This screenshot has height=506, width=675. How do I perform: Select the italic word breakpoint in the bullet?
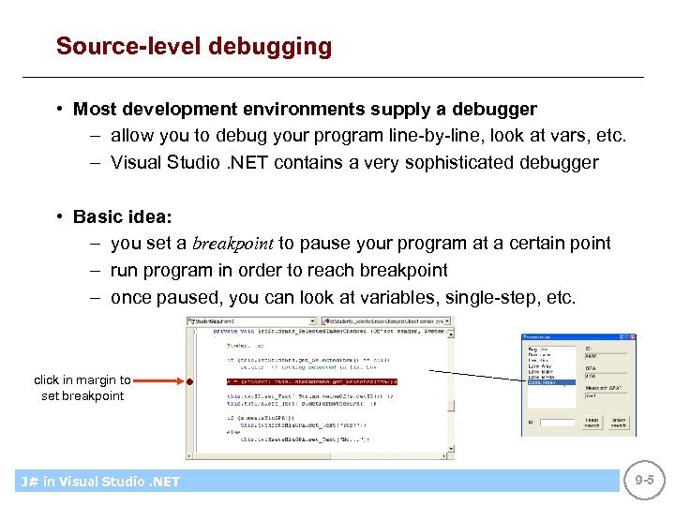click(x=233, y=244)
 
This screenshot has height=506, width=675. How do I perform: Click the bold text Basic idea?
click(x=123, y=216)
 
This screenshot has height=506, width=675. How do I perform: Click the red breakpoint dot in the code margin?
click(x=189, y=382)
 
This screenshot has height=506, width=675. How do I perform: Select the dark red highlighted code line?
click(x=310, y=382)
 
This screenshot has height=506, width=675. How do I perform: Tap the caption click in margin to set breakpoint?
click(x=82, y=388)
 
